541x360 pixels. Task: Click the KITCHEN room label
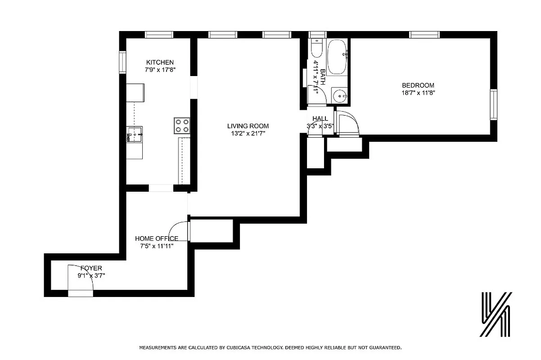point(160,62)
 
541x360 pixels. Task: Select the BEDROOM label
point(418,85)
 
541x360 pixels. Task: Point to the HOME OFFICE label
point(157,238)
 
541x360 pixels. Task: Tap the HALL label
point(320,119)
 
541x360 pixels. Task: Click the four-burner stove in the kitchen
point(182,125)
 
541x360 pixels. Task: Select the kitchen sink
point(135,134)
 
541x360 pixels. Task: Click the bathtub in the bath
point(337,57)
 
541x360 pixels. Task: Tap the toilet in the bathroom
point(316,49)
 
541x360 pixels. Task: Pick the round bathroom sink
point(340,95)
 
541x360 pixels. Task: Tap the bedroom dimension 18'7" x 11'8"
point(418,93)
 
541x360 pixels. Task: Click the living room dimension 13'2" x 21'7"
point(249,134)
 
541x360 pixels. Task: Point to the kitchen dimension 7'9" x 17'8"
point(160,70)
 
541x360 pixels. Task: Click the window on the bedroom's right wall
point(494,105)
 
